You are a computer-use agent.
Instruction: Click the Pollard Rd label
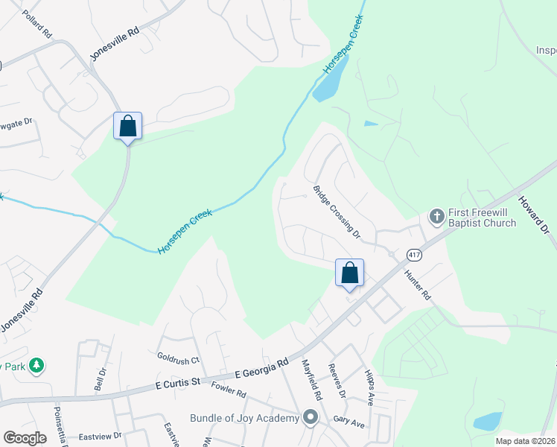(36, 25)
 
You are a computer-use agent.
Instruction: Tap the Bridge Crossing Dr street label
(337, 212)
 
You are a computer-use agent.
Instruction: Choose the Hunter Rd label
(418, 284)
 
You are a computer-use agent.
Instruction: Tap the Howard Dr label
(533, 216)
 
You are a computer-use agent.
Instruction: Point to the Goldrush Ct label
(179, 358)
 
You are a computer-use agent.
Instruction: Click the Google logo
(25, 438)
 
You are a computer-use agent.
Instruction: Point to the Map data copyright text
(525, 441)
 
